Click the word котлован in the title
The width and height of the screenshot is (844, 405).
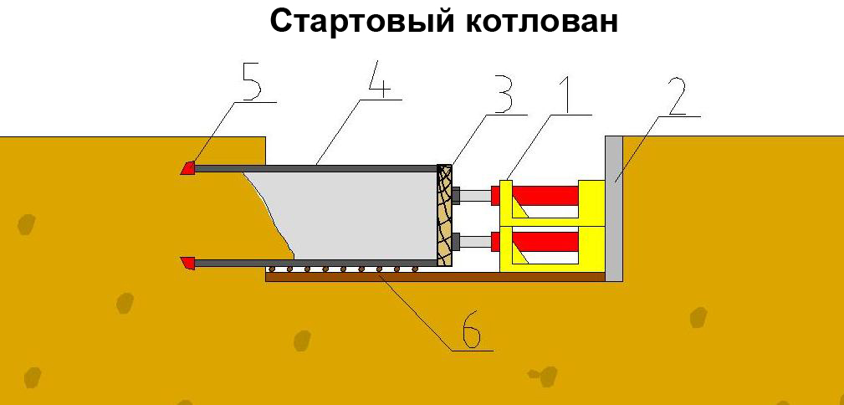pos(540,22)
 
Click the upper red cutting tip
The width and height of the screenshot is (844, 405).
pos(188,168)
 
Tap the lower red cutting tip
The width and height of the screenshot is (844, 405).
pos(188,264)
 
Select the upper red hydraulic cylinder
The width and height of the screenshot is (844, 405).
pos(544,194)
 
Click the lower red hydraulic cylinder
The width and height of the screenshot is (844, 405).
pos(544,242)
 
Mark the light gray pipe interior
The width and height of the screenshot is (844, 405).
pos(360,213)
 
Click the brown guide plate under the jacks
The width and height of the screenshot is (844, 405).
pos(435,277)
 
